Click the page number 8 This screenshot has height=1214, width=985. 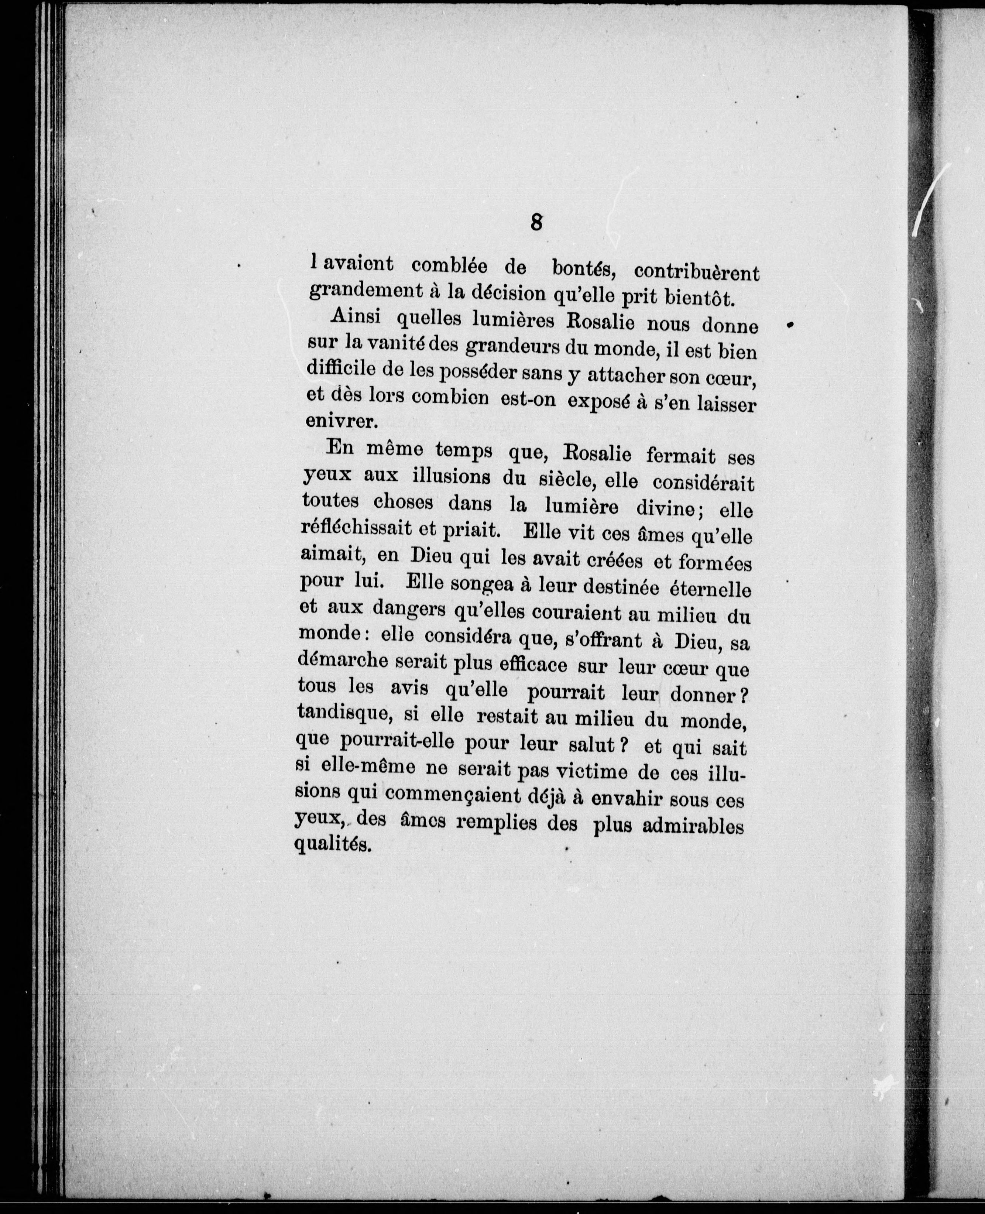click(536, 222)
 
